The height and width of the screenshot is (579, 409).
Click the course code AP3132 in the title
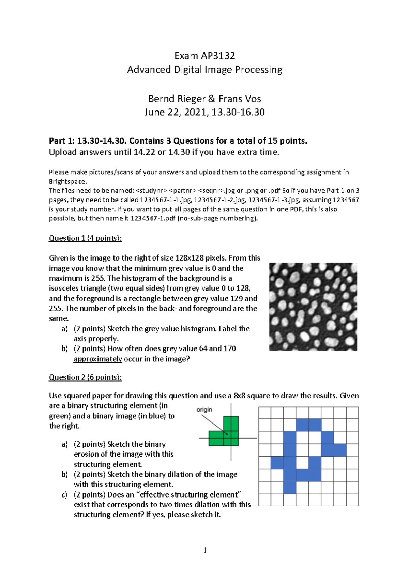(x=218, y=56)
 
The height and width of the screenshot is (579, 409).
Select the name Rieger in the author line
(x=191, y=99)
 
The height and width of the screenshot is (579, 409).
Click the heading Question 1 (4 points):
(x=85, y=238)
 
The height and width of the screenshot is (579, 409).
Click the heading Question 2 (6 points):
(x=85, y=377)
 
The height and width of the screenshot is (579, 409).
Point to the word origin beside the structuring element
(x=204, y=410)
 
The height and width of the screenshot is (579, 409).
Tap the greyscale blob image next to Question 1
(x=313, y=307)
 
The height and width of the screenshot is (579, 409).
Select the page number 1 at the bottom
(x=205, y=550)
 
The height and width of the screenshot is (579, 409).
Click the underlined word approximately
(x=98, y=359)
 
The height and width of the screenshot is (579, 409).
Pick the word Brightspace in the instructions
(x=67, y=181)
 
